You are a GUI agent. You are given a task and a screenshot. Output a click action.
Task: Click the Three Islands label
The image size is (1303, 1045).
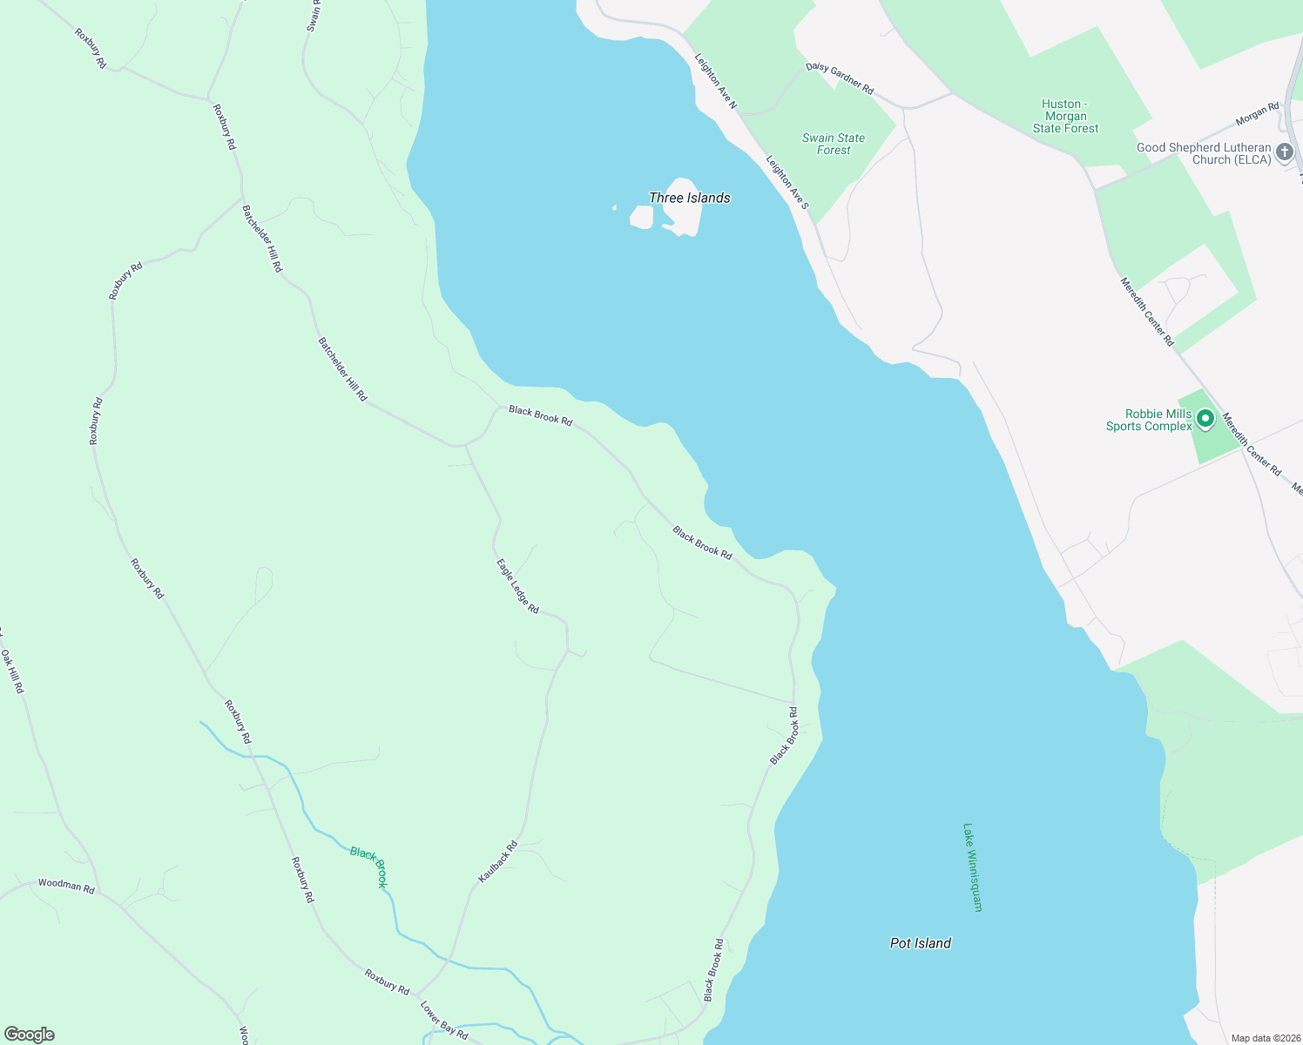(689, 198)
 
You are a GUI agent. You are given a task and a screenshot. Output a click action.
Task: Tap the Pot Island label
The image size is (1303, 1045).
(920, 943)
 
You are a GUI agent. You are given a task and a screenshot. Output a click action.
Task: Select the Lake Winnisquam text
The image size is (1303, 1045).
(972, 867)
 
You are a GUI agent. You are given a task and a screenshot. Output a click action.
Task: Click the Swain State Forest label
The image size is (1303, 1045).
(834, 144)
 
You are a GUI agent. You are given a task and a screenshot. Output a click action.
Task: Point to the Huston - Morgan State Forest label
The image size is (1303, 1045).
(1065, 116)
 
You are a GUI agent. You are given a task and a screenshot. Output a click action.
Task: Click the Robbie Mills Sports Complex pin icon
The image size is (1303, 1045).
(1205, 419)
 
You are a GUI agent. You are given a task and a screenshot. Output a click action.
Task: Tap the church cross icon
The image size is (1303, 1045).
(1284, 153)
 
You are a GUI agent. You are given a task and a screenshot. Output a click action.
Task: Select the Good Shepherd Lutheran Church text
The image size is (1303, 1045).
(1204, 153)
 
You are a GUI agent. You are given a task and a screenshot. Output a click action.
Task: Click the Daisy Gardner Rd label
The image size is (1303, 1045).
(840, 78)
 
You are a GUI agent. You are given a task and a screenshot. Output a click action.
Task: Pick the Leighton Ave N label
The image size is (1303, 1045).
(716, 82)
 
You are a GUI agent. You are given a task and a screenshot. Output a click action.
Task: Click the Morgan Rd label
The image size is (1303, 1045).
(1257, 113)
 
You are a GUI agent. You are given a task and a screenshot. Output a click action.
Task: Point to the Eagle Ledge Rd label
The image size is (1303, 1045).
(517, 586)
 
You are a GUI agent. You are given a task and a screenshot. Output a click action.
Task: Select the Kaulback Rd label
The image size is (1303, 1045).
(498, 861)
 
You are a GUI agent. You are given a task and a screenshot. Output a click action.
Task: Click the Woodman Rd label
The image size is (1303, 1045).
(66, 886)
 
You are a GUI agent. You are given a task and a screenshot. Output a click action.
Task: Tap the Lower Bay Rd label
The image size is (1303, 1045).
(444, 1021)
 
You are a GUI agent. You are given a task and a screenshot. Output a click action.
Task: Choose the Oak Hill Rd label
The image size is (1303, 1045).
(12, 671)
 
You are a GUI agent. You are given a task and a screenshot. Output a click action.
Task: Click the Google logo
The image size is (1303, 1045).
(30, 1035)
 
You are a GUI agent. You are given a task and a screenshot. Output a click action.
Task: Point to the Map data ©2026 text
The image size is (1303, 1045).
(1265, 1038)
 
